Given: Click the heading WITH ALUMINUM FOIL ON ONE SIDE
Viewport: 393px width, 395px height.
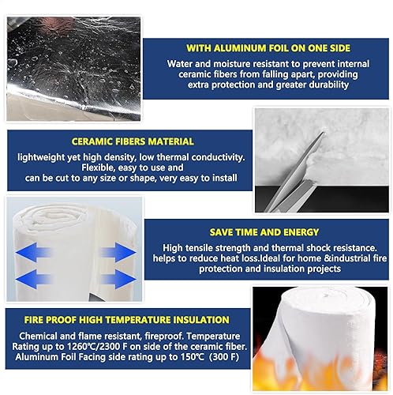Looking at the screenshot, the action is point(268,48).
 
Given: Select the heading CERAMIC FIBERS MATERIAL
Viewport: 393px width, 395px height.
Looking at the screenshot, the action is point(133,141).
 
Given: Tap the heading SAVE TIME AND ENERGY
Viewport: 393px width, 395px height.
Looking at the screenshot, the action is point(264,232).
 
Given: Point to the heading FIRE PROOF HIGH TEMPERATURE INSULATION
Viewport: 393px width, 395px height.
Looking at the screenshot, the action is point(126,320).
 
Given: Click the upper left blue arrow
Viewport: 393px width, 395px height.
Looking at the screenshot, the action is point(33,252).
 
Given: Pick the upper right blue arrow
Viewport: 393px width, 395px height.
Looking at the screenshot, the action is point(118,252).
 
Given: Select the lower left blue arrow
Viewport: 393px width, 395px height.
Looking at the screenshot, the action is point(33,279).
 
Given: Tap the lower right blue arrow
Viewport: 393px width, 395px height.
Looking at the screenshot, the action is point(118,279).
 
